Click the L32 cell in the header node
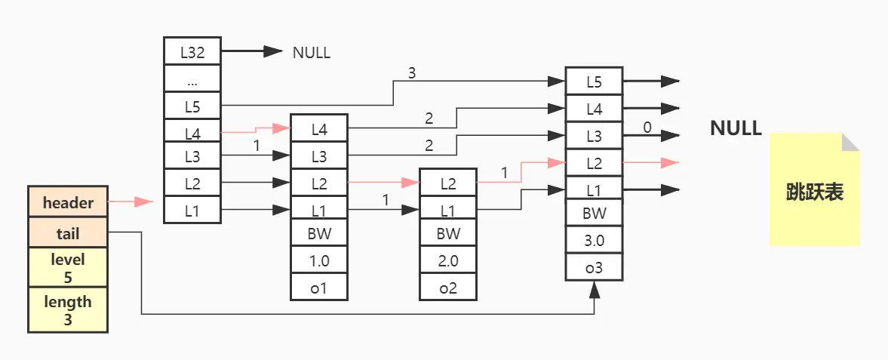point(192,51)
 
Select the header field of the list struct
point(68,202)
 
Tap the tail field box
point(68,233)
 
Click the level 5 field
point(68,268)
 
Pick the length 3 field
point(68,310)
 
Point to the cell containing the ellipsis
point(192,79)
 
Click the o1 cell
point(319,288)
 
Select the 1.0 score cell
point(319,261)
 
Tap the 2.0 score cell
point(448,261)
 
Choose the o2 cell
point(448,288)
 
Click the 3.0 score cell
point(594,241)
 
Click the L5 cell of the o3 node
point(594,82)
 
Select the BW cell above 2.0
point(448,233)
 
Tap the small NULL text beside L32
point(312,53)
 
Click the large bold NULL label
point(736,128)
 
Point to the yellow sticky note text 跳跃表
point(815,192)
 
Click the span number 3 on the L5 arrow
point(412,73)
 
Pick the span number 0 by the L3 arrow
point(647,127)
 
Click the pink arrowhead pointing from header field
point(143,202)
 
